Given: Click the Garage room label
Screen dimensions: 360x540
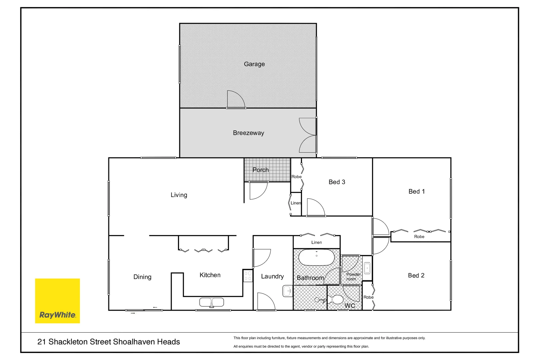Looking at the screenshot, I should [x=254, y=64].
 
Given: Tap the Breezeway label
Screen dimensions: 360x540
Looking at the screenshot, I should [x=248, y=133].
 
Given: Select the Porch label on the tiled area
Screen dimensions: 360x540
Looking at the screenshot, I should [x=260, y=170].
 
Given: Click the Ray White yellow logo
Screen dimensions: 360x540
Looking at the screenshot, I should [x=57, y=301].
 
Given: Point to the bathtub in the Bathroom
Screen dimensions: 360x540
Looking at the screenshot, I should [x=316, y=257].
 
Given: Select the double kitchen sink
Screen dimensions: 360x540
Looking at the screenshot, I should [x=212, y=302].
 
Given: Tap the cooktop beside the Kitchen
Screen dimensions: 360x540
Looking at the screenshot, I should [x=248, y=276].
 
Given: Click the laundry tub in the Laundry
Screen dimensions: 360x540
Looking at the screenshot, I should [x=288, y=291].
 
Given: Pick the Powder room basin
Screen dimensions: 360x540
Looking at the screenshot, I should [x=367, y=268].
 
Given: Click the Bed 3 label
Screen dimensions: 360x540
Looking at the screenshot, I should [x=337, y=182].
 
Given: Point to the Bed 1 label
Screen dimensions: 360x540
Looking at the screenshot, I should [x=416, y=191].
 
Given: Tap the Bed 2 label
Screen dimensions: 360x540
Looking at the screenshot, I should [x=416, y=275].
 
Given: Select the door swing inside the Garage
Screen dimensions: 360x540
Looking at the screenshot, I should [x=236, y=99].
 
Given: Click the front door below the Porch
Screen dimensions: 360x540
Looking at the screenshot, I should [x=258, y=191].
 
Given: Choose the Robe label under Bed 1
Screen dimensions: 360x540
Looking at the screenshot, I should [x=419, y=237].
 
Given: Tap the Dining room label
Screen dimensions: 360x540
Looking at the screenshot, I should [x=142, y=277].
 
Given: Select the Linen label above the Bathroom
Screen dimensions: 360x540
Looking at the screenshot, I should [x=316, y=243].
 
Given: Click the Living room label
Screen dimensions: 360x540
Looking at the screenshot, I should [x=179, y=195].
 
